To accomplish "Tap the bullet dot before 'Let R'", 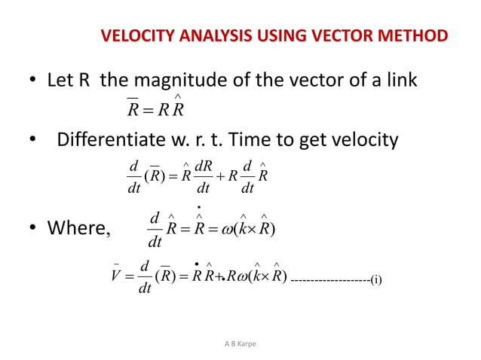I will [33, 81].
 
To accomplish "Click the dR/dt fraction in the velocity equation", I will [203, 175].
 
